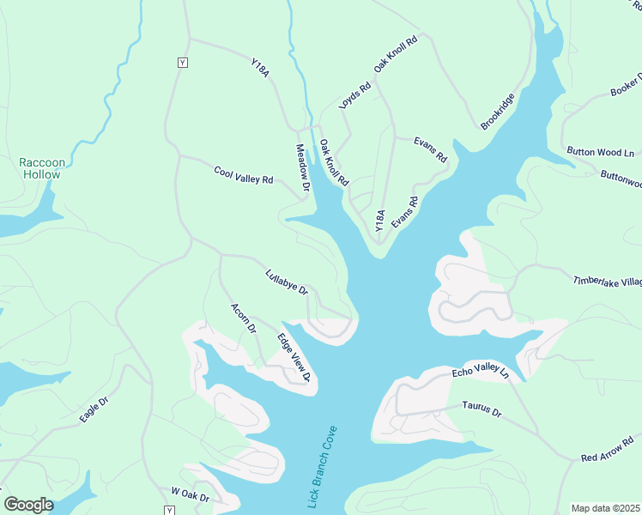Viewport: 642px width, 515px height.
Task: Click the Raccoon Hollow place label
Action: (x=40, y=168)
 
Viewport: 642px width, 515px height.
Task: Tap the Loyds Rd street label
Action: (x=354, y=94)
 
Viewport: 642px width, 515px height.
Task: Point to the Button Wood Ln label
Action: (x=600, y=152)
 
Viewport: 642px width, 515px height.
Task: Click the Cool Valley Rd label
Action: (x=243, y=175)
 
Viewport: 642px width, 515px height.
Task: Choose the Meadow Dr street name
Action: (x=303, y=167)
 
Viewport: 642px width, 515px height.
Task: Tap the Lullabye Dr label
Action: (x=287, y=282)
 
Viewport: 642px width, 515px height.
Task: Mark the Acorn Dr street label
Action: (x=244, y=318)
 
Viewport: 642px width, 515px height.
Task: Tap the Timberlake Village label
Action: (x=608, y=282)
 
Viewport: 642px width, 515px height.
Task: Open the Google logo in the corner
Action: (x=28, y=505)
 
